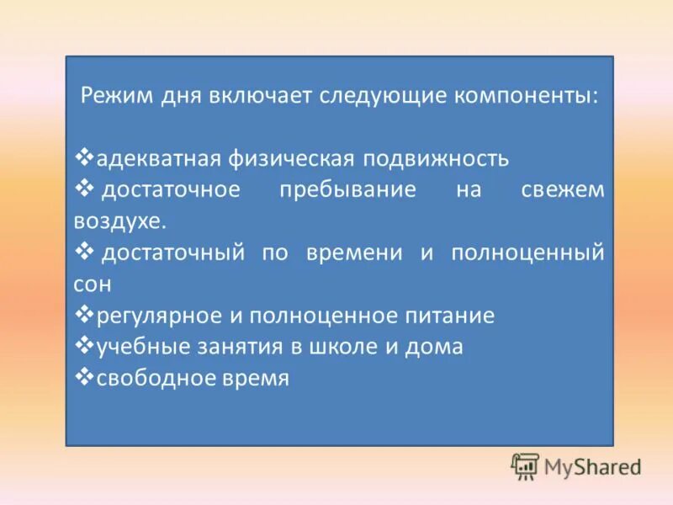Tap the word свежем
(562, 190)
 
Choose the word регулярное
(158, 316)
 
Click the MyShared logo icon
(525, 466)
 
